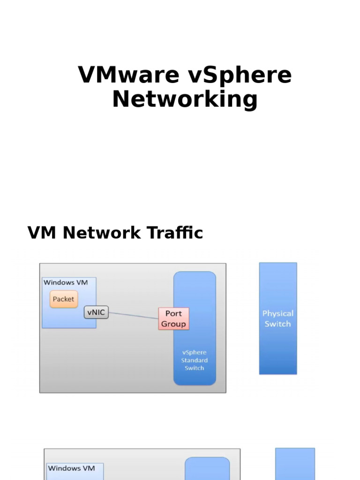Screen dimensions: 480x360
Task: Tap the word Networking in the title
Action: coord(185,99)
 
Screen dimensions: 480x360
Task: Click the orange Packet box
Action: coord(63,299)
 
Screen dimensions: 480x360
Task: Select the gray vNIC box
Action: coord(96,312)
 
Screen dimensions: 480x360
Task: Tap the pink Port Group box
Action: coord(173,319)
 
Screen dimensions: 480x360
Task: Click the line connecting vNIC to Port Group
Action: coord(134,315)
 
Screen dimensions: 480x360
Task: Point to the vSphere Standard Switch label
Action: coord(195,360)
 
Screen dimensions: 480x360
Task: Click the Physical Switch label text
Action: coord(277,319)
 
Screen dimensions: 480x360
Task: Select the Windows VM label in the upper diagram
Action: coord(65,282)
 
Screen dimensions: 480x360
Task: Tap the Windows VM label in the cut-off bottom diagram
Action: coord(71,468)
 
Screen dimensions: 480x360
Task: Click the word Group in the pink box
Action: coord(173,324)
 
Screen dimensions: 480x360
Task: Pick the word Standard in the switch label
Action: coord(195,360)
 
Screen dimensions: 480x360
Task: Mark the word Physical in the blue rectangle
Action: coord(277,314)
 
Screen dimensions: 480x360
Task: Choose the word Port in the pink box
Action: coord(173,314)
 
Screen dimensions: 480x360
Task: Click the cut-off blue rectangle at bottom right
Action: coord(295,464)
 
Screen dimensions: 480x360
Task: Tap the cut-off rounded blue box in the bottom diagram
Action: coord(207,469)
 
